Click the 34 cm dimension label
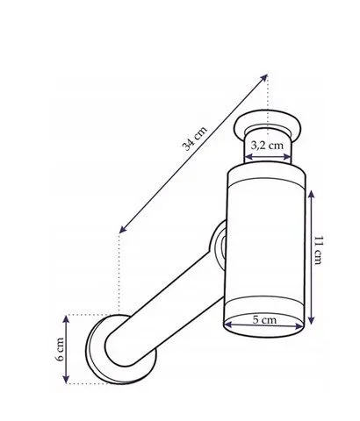coord(195,139)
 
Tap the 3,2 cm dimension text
coord(267,145)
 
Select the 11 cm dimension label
coord(319,250)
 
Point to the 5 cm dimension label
coord(264,319)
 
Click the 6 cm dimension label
coord(60,349)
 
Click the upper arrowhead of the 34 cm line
coord(264,77)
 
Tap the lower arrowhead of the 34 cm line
coord(123,230)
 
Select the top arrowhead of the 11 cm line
coord(312,194)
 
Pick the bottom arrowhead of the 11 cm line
coord(312,320)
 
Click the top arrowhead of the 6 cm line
coord(66,319)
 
